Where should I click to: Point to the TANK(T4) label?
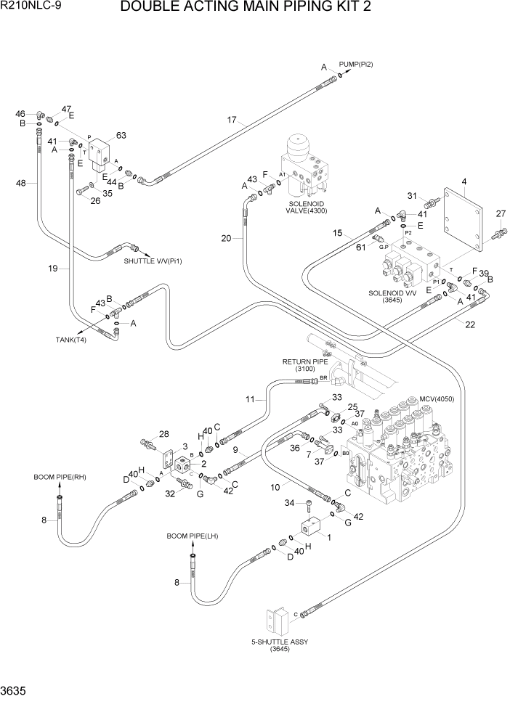[71, 340]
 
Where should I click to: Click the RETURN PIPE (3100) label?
[304, 365]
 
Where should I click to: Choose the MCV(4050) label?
[436, 399]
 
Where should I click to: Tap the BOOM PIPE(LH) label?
[193, 536]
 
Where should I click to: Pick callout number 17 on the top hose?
[232, 120]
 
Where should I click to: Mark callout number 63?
[121, 135]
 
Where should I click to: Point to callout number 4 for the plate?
[464, 181]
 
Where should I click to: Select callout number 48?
[21, 183]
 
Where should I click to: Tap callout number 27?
[499, 213]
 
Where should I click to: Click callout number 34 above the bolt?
[289, 502]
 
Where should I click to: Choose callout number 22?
[470, 324]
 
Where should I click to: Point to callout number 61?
[360, 247]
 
